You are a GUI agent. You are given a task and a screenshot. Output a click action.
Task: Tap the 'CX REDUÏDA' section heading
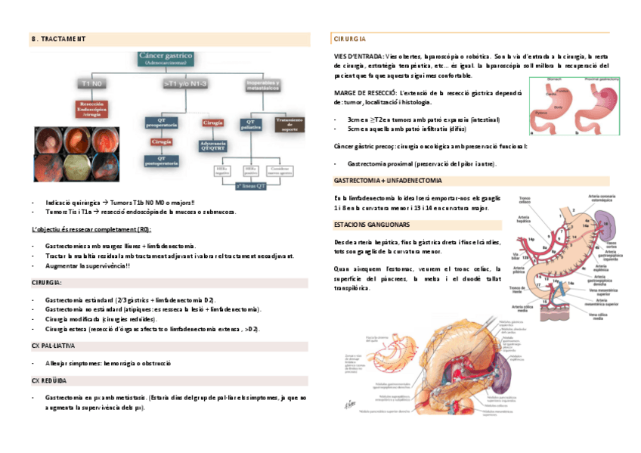pos(50,380)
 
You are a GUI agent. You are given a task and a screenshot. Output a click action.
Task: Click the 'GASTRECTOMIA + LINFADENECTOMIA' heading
pos(388,181)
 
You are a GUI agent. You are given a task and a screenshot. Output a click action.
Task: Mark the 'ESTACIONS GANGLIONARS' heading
pos(373,225)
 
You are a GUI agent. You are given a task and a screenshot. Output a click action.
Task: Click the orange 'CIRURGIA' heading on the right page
pos(350,39)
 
